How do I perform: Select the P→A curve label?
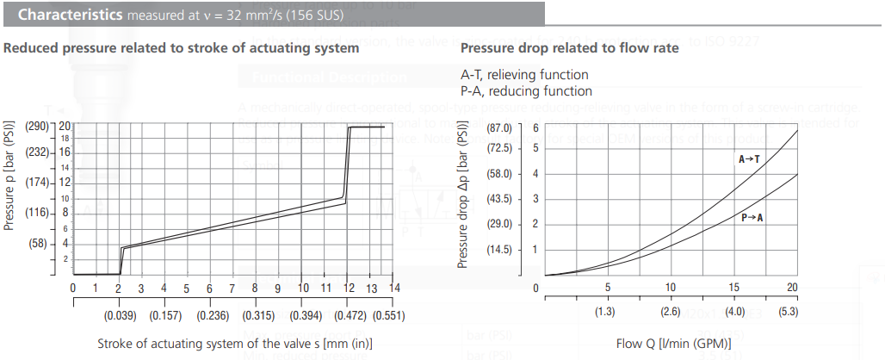pyautogui.click(x=752, y=218)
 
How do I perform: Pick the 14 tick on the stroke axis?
pyautogui.click(x=394, y=288)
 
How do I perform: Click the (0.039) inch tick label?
pyautogui.click(x=118, y=315)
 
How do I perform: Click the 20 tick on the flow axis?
pyautogui.click(x=793, y=288)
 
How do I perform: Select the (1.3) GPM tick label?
pyautogui.click(x=606, y=312)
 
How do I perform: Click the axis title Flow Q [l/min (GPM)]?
pyautogui.click(x=669, y=344)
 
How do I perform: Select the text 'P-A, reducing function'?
pyautogui.click(x=526, y=90)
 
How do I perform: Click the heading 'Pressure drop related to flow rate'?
pyautogui.click(x=569, y=48)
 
